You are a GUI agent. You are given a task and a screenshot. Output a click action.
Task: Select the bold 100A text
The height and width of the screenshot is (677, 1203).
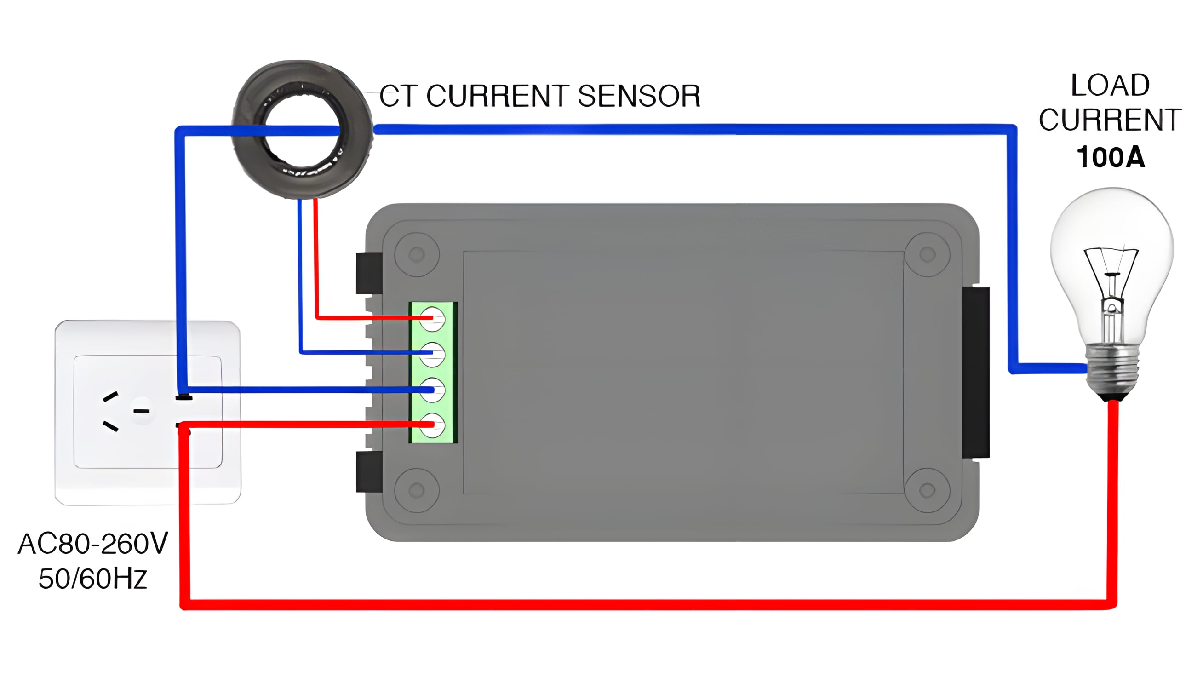pyautogui.click(x=1111, y=157)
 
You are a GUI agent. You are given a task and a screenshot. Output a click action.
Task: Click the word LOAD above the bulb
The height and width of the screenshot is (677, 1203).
pyautogui.click(x=1110, y=86)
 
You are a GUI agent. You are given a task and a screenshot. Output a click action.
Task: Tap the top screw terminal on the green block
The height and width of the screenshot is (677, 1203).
pyautogui.click(x=432, y=319)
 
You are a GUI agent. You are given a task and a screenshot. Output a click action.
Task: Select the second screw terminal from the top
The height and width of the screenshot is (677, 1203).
pyautogui.click(x=432, y=354)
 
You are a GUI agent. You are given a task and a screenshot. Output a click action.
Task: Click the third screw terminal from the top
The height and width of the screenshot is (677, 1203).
pyautogui.click(x=432, y=390)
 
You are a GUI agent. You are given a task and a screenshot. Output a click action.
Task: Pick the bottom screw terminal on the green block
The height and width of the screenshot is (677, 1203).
pyautogui.click(x=432, y=425)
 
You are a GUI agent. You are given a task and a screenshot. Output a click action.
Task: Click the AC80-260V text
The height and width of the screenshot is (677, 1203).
pyautogui.click(x=92, y=544)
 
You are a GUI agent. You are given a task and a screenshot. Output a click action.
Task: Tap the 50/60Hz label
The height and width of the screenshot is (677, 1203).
pyautogui.click(x=92, y=579)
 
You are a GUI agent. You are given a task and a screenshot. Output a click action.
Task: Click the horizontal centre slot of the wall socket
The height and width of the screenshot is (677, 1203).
pyautogui.click(x=142, y=411)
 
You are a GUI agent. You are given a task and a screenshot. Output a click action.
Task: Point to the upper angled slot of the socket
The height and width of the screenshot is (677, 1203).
pyautogui.click(x=111, y=396)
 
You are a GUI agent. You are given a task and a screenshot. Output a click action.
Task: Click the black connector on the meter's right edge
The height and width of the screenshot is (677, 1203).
pyautogui.click(x=976, y=373)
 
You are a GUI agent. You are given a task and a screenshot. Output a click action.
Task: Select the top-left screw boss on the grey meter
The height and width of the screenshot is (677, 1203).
pyautogui.click(x=417, y=255)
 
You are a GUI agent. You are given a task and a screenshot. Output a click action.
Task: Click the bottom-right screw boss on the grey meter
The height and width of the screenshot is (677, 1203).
pyautogui.click(x=927, y=490)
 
